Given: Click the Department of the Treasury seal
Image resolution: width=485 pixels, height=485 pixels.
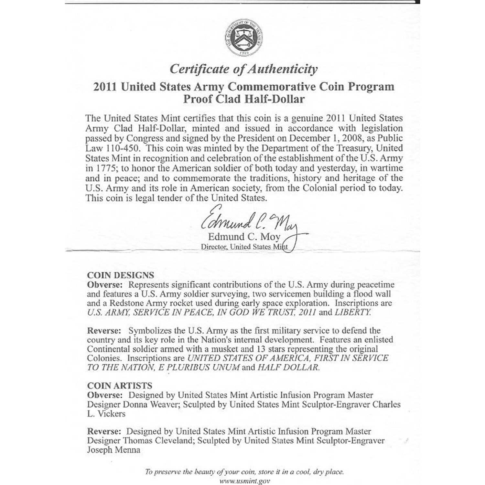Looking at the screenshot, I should tap(243, 37).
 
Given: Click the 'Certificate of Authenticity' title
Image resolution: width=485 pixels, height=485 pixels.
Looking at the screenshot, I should tap(243, 69).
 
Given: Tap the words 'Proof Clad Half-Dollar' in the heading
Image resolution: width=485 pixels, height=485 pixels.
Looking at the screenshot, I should tap(244, 99).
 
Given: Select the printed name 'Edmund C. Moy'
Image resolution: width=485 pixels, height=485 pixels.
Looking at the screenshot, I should tap(244, 237).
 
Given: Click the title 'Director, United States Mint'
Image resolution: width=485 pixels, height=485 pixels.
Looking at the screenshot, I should tap(244, 247).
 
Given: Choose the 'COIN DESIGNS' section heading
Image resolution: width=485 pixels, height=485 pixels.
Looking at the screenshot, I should tap(120, 275).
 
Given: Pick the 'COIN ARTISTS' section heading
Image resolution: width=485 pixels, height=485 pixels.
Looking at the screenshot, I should tap(119, 386).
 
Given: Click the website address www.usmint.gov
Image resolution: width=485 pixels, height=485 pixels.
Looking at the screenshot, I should tap(244, 481).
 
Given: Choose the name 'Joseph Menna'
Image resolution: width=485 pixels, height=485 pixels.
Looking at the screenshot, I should tap(113, 450).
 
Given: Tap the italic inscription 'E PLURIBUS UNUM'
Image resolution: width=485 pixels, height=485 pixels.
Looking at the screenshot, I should tap(199, 367).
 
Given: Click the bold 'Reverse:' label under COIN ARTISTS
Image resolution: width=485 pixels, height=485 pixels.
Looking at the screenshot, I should tap(104, 431).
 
